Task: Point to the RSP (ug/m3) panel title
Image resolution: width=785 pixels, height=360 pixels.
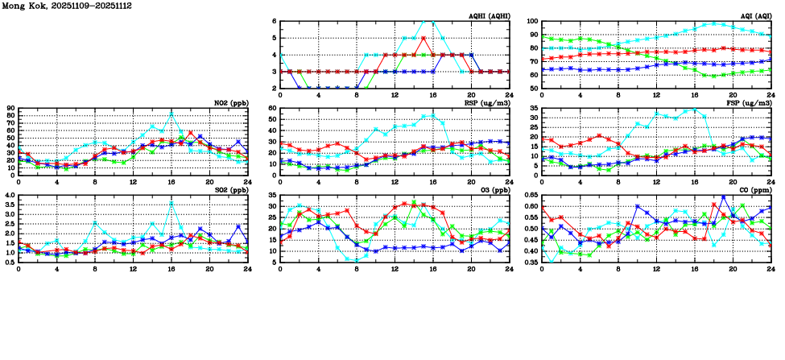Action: [486, 103]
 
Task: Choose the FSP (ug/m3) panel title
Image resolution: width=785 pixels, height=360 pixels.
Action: [749, 103]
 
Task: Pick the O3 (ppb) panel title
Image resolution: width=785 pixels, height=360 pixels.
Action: [494, 190]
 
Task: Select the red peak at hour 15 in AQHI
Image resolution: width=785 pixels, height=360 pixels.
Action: [423, 38]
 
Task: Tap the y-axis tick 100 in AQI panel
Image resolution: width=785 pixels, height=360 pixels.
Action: [532, 22]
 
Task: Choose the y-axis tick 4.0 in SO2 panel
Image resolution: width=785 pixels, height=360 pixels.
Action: [10, 196]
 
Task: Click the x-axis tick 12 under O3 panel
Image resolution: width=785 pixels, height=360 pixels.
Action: [395, 268]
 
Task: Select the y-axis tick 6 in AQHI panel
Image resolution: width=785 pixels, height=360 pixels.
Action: [275, 22]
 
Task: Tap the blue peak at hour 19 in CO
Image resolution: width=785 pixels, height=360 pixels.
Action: [723, 197]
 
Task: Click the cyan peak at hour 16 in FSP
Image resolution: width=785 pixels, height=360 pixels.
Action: [694, 109]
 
